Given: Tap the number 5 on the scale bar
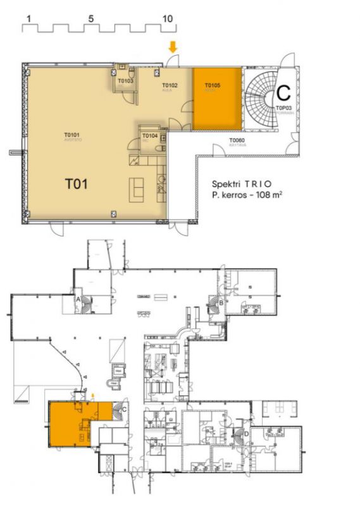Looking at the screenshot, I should (91, 19).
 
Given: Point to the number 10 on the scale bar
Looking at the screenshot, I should (167, 19).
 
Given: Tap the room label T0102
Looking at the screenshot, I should (170, 85).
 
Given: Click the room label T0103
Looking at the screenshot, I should (125, 81).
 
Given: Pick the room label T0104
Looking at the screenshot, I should (149, 136).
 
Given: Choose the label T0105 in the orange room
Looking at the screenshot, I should (212, 85).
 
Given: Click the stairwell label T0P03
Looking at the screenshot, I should (283, 108).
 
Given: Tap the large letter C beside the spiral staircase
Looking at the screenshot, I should (283, 93).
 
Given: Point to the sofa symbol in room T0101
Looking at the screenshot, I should (137, 188).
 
